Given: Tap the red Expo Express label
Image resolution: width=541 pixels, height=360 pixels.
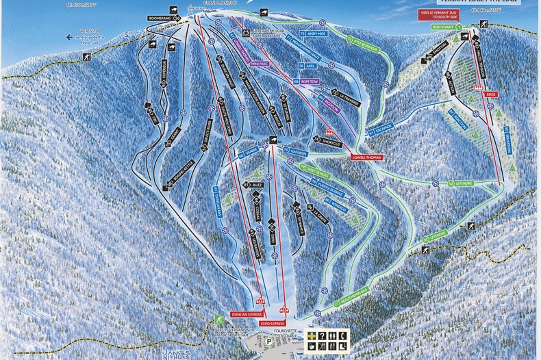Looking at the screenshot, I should [x=273, y=322].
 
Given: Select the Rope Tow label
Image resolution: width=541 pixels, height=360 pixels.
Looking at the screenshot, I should [x=309, y=81].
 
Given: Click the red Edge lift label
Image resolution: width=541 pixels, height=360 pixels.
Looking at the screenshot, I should [x=491, y=94].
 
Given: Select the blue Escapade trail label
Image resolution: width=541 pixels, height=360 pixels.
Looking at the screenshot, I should [x=381, y=129].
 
